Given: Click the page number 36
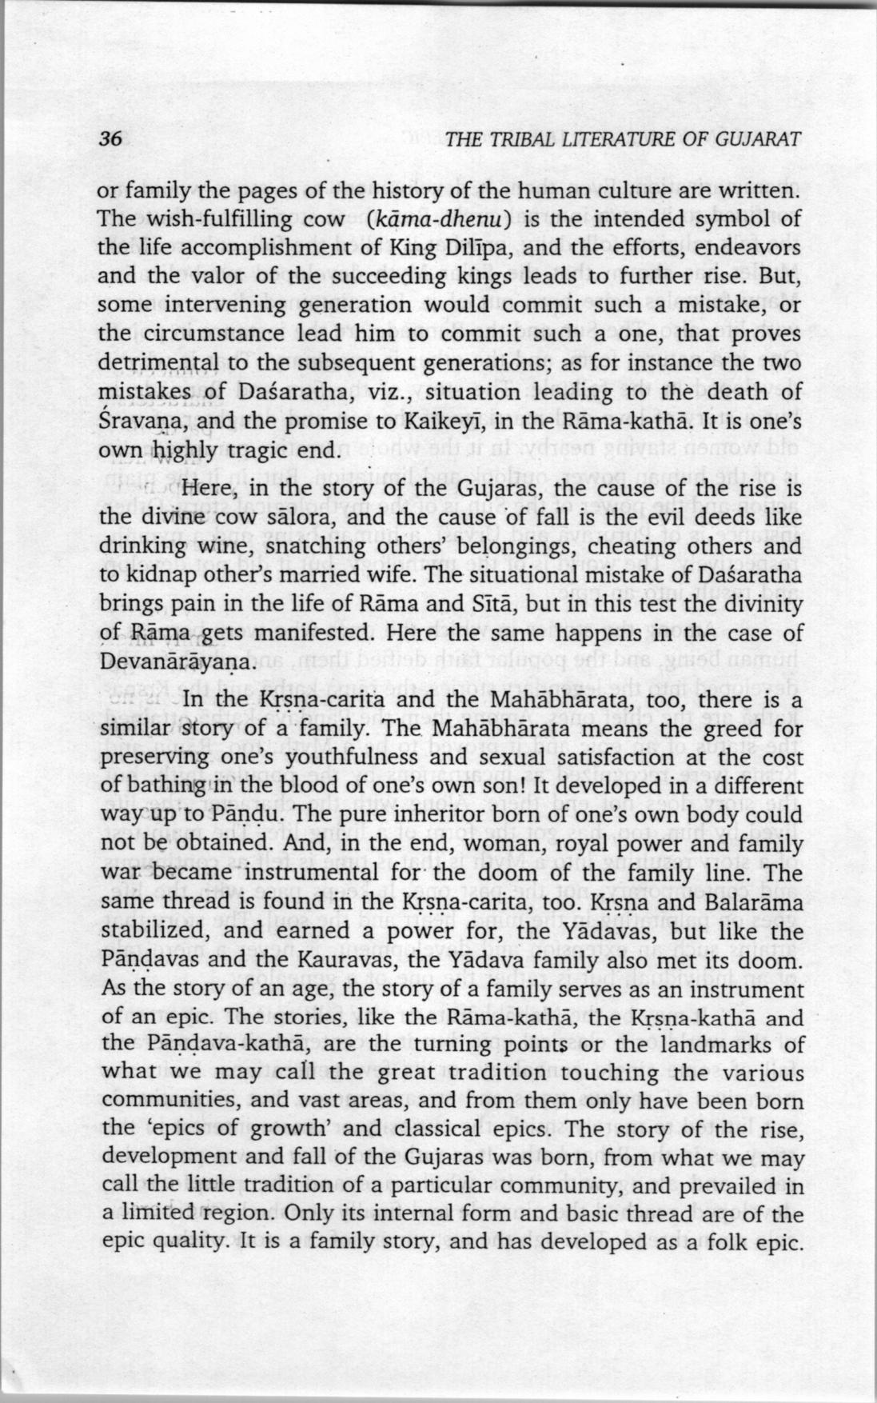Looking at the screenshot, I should pyautogui.click(x=109, y=138).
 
